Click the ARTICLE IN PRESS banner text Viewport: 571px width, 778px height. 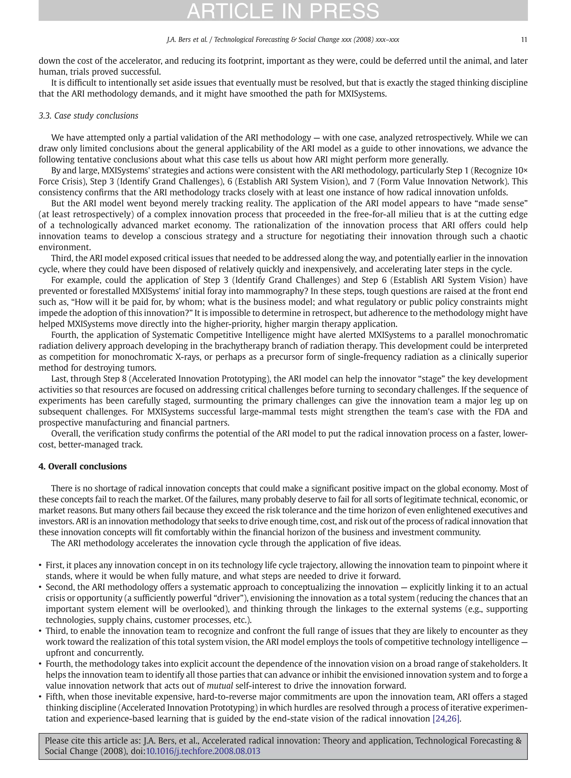point(283,10)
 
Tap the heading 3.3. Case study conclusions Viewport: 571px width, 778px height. point(88,116)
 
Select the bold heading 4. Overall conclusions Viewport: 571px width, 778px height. point(83,467)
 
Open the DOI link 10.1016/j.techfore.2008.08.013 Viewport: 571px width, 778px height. point(203,751)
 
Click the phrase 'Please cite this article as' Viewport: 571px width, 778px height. point(93,741)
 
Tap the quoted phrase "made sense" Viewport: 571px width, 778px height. point(502,203)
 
